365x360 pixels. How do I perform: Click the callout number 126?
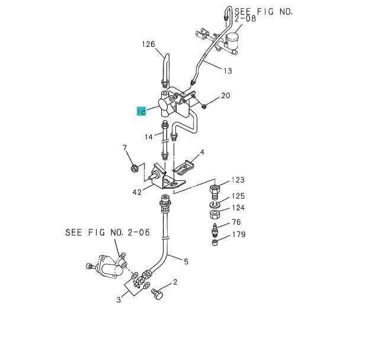click(x=148, y=44)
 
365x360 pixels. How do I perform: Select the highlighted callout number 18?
click(x=141, y=111)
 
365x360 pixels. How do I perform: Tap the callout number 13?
click(x=228, y=71)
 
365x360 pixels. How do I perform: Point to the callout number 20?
click(x=226, y=95)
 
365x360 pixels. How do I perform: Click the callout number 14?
click(x=148, y=137)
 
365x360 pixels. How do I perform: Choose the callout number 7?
click(x=124, y=148)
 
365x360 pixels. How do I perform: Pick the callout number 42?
click(x=136, y=192)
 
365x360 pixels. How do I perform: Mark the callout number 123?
click(x=238, y=180)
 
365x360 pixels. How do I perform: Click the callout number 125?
click(x=238, y=196)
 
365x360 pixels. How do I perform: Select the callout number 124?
click(x=238, y=208)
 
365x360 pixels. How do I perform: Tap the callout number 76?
click(x=236, y=222)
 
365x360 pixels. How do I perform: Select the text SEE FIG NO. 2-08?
click(x=264, y=15)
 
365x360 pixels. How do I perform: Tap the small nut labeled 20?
click(x=203, y=107)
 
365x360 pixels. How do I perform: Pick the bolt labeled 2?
click(x=158, y=294)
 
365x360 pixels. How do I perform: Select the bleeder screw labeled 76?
click(x=216, y=228)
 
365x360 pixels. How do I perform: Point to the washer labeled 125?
click(x=214, y=202)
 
